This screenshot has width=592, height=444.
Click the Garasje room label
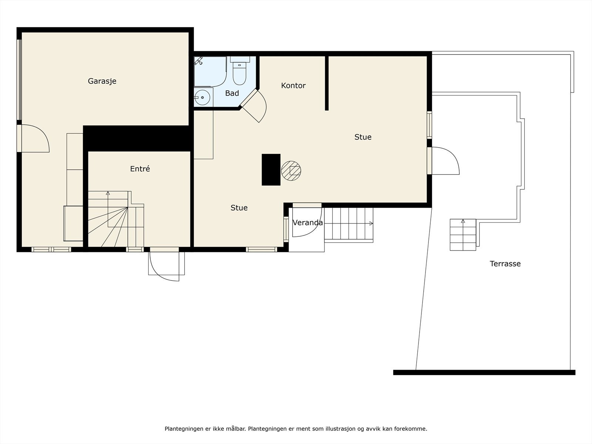(102, 81)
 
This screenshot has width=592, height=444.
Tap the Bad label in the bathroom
(232, 93)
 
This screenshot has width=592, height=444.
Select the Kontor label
(293, 86)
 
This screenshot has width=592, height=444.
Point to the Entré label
(140, 169)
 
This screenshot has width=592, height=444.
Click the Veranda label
(307, 223)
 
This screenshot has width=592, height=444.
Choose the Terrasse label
(505, 264)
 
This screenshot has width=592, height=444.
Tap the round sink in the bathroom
(202, 97)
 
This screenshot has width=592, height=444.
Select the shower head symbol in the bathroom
(199, 61)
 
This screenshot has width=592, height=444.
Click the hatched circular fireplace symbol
(291, 171)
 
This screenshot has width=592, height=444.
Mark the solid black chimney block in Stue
(271, 169)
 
